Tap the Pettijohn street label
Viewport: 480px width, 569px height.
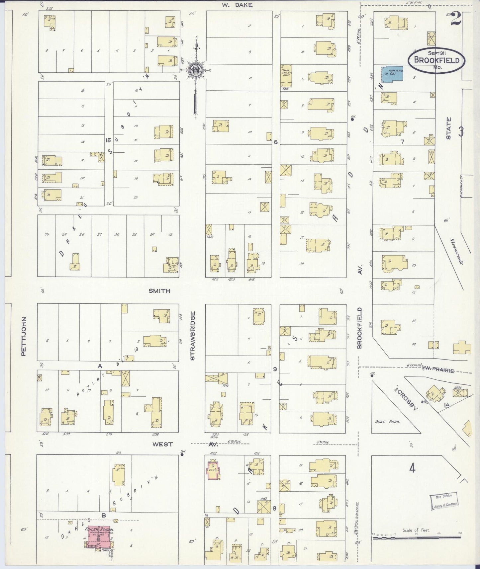tap(23, 336)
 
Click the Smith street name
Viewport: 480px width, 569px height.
tap(159, 291)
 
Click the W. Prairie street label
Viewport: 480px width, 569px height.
tap(438, 370)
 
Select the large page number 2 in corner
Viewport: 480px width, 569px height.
tap(457, 20)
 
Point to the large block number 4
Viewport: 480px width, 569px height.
tap(412, 468)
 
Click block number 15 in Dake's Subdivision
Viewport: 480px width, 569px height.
tap(108, 140)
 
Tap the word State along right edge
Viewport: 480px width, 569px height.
tap(448, 128)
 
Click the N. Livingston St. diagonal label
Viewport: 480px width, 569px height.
tap(457, 251)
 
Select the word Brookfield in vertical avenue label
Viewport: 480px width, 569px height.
tap(359, 328)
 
